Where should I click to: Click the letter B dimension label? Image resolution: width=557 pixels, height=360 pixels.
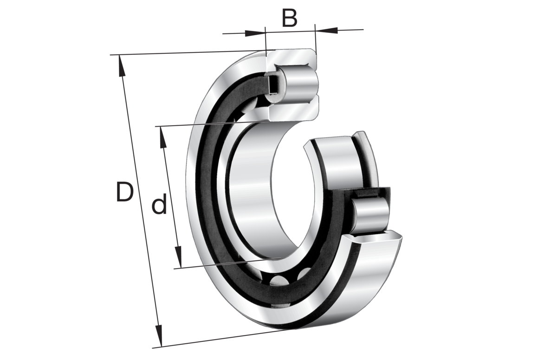coord(289,19)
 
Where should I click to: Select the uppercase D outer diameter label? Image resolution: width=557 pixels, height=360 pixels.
coord(124,193)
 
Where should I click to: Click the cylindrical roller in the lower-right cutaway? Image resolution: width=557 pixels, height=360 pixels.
coord(370,214)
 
